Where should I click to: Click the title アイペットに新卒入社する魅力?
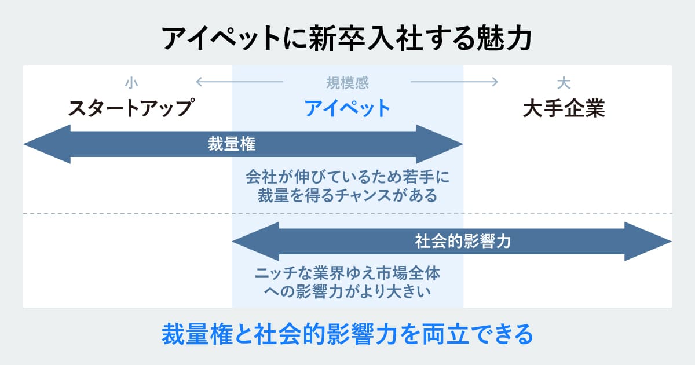pos(347,38)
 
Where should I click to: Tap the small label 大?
pos(564,83)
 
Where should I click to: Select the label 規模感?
pos(348,83)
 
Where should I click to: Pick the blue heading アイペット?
pos(348,108)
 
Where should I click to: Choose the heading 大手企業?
pos(564,108)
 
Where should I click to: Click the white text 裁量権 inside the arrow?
pos(232,144)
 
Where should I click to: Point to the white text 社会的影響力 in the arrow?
pos(463,241)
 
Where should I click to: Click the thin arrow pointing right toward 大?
pos(455,82)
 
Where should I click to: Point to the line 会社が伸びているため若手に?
pos(348,176)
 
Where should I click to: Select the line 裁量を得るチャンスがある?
pos(348,195)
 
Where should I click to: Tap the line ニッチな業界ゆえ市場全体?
pos(348,272)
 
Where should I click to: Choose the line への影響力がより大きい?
pos(348,291)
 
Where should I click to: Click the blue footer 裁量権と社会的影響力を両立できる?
pos(347,334)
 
